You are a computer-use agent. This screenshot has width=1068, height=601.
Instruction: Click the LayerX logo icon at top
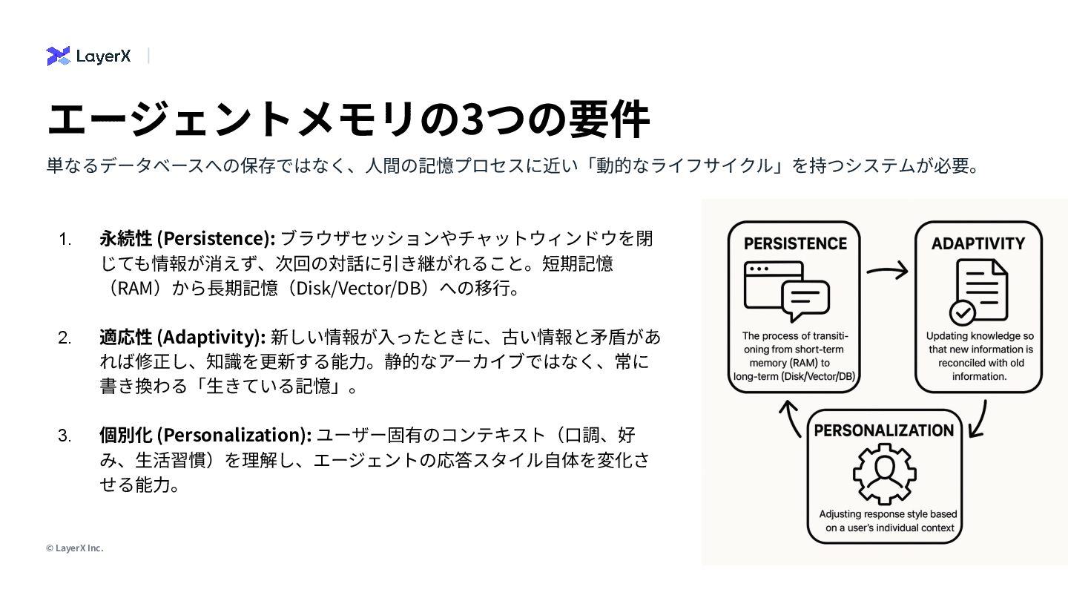pos(58,56)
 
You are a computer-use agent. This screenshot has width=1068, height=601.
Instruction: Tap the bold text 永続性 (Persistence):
pos(187,238)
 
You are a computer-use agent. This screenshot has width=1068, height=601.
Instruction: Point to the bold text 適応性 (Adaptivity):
pos(182,338)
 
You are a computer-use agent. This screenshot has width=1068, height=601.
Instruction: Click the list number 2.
pos(65,338)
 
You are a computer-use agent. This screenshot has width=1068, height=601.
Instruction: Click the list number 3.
pos(65,435)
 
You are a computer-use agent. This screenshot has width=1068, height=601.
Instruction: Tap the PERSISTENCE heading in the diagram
pos(794,243)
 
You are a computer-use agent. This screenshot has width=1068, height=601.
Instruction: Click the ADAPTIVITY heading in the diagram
pos(978,243)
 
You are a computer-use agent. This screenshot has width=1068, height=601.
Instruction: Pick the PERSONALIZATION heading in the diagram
pos(884,430)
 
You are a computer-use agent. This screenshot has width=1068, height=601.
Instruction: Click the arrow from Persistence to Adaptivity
pos(887,271)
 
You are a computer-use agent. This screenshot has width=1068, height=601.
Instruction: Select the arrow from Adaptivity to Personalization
pos(979,419)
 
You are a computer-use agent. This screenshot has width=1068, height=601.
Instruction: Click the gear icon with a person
pos(884,473)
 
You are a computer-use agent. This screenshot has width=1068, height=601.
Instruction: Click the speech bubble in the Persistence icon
pos(805,300)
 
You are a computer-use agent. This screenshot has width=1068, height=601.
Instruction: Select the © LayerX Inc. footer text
pos(74,548)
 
